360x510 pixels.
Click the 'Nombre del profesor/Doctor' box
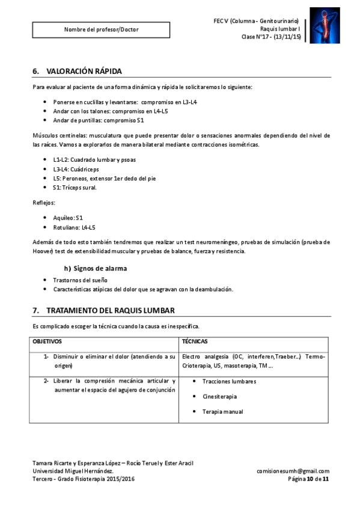[x=101, y=29]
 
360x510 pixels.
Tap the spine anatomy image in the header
[x=325, y=26]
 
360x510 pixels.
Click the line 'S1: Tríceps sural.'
[x=74, y=188]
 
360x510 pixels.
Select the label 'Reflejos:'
[x=44, y=203]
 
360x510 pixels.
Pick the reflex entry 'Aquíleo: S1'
[x=67, y=217]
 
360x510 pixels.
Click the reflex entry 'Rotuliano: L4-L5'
[x=74, y=227]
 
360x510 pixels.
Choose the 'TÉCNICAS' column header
[x=195, y=341]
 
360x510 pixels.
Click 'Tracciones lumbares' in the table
[x=229, y=381]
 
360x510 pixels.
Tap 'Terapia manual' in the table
[x=222, y=411]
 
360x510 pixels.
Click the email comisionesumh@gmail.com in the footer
[x=293, y=471]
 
